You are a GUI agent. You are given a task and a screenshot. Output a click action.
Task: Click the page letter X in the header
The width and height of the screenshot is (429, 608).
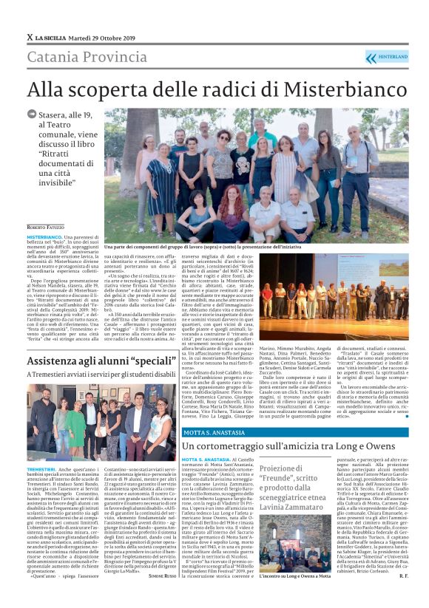pos(30,37)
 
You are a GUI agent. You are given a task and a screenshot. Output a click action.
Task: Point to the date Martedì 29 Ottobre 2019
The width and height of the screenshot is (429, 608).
pos(108,37)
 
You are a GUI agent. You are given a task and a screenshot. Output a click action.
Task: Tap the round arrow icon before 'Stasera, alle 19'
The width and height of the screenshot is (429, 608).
pos(31,115)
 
